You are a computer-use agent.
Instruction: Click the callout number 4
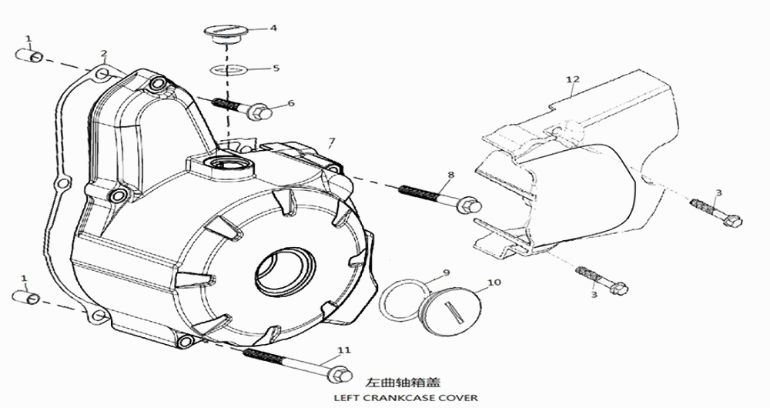click(x=273, y=28)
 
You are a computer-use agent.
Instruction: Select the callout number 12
click(x=571, y=79)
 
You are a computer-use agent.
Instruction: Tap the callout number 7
click(x=332, y=142)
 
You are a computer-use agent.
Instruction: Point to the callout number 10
click(x=494, y=283)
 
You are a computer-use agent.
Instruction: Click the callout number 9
click(x=445, y=273)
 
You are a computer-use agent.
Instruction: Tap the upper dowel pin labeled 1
click(x=30, y=56)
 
